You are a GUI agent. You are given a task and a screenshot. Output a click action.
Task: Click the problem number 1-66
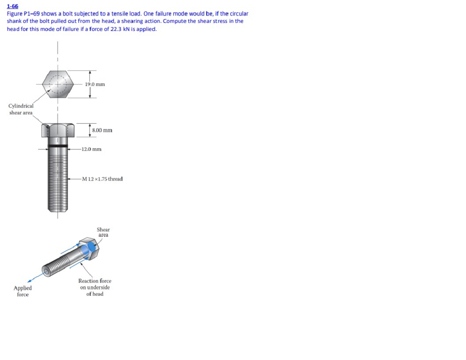click(x=12, y=6)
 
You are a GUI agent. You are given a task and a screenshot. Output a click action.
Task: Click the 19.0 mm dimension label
click(x=95, y=84)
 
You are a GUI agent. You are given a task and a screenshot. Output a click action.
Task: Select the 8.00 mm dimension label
click(x=102, y=130)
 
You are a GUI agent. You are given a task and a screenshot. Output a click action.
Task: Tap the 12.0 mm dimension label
click(x=92, y=149)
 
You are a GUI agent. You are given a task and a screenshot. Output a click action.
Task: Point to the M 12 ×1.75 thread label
click(x=102, y=179)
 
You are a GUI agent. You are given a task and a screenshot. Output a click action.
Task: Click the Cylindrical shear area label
click(x=21, y=109)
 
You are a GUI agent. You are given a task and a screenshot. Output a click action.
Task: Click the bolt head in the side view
click(x=57, y=130)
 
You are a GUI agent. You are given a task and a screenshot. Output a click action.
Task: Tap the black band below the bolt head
click(x=57, y=145)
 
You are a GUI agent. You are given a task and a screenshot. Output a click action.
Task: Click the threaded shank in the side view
click(x=57, y=179)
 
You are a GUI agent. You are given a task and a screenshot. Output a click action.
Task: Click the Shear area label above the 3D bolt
click(x=103, y=232)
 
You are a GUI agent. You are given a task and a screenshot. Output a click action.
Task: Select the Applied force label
click(x=23, y=291)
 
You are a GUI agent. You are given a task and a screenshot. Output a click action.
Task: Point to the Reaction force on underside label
click(x=95, y=287)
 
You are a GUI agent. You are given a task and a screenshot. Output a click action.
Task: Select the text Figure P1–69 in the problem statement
click(x=23, y=14)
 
